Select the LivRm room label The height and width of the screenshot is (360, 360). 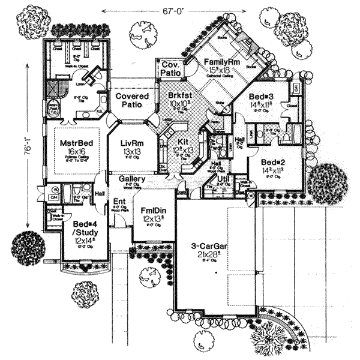click(128, 143)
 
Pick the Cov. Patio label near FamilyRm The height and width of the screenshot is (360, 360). click(170, 68)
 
